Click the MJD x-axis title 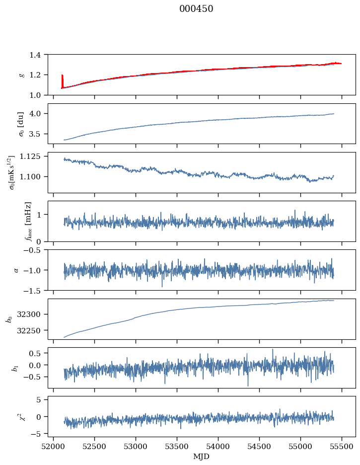[202, 457]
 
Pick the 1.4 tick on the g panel [38, 55]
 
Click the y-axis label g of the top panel [21, 75]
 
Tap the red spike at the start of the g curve [62, 80]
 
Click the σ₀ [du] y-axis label [21, 123]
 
